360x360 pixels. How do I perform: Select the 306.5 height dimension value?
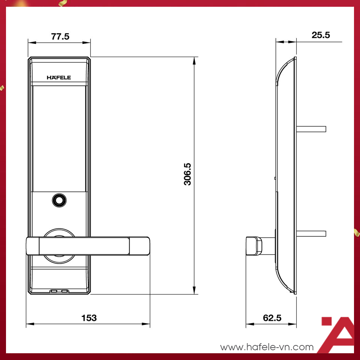click(187, 174)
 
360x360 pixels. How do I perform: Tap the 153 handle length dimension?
click(89, 318)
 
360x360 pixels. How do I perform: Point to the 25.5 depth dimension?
click(320, 35)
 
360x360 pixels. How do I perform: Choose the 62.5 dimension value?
click(272, 318)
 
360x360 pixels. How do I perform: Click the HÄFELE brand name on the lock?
click(59, 78)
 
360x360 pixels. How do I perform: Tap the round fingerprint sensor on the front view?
click(58, 200)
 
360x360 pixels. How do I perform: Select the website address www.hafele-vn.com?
click(267, 347)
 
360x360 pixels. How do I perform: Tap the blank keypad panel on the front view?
click(60, 137)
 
